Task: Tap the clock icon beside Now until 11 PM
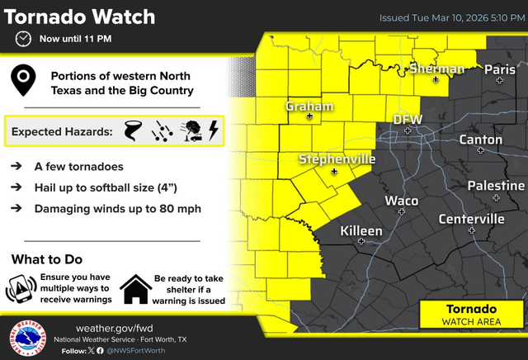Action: point(24,39)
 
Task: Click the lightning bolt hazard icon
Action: point(213,130)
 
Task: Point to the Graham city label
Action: point(309,106)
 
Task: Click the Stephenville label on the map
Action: point(337,158)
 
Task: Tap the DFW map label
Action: point(408,120)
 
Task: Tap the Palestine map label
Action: point(496,186)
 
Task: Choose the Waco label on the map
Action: point(402,201)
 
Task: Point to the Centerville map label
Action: point(471,219)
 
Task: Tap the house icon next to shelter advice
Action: point(134,289)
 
